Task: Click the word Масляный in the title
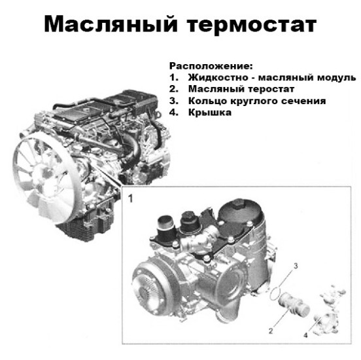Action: click(x=111, y=24)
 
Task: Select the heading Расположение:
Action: click(x=211, y=66)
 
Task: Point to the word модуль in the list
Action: click(x=337, y=78)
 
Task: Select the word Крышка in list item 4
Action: click(x=210, y=113)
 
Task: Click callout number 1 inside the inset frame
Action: click(x=131, y=198)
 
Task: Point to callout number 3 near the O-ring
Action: click(x=296, y=266)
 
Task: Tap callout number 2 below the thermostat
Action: click(x=271, y=331)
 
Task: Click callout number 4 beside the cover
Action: click(x=305, y=335)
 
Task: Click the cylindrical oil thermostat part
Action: click(x=294, y=304)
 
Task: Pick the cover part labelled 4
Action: click(x=329, y=310)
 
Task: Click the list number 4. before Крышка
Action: click(x=174, y=113)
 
